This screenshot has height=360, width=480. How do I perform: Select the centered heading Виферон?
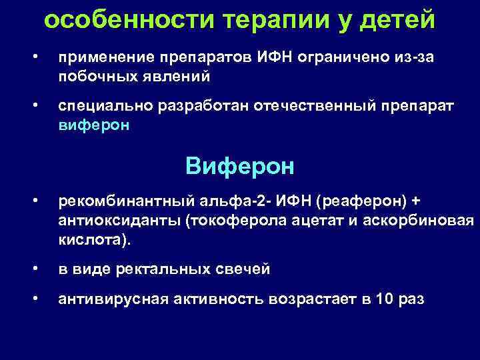click(x=239, y=165)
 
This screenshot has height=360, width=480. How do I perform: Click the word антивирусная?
click(x=111, y=299)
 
